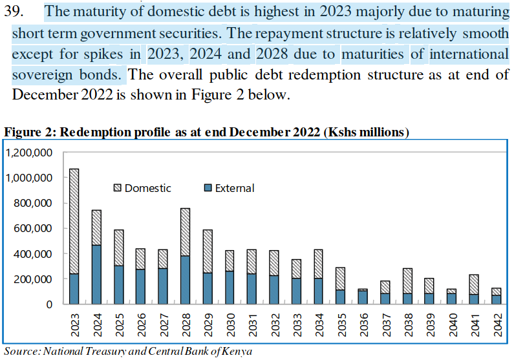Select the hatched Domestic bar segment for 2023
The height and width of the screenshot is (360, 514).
pos(74,222)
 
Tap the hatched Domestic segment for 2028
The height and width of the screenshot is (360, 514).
pos(185,232)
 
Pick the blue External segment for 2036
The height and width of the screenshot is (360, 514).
pos(363,297)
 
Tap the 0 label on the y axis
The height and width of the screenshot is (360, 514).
pos(48,304)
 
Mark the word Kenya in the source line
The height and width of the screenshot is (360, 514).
pos(236,352)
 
